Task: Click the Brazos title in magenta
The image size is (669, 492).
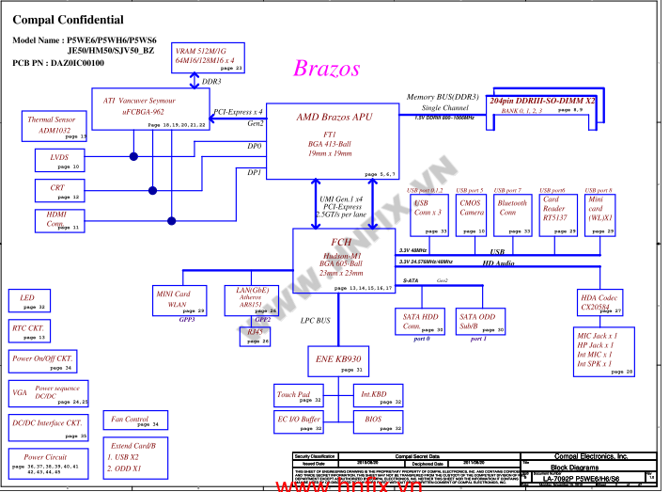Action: [x=326, y=68]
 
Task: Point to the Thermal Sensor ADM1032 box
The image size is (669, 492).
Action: [x=54, y=126]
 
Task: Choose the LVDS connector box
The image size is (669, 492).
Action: [x=63, y=161]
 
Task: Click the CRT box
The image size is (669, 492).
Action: [x=63, y=191]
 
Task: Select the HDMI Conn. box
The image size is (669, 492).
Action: [x=63, y=221]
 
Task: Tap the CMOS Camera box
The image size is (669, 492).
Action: [x=472, y=215]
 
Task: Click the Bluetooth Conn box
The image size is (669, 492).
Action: [x=513, y=215]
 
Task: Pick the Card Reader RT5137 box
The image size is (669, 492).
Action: [x=559, y=215]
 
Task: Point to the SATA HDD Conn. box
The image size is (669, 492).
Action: [x=421, y=322]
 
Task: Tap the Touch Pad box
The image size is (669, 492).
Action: [x=299, y=396]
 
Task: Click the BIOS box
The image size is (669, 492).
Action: [x=378, y=421]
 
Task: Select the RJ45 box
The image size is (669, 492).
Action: [x=257, y=337]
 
